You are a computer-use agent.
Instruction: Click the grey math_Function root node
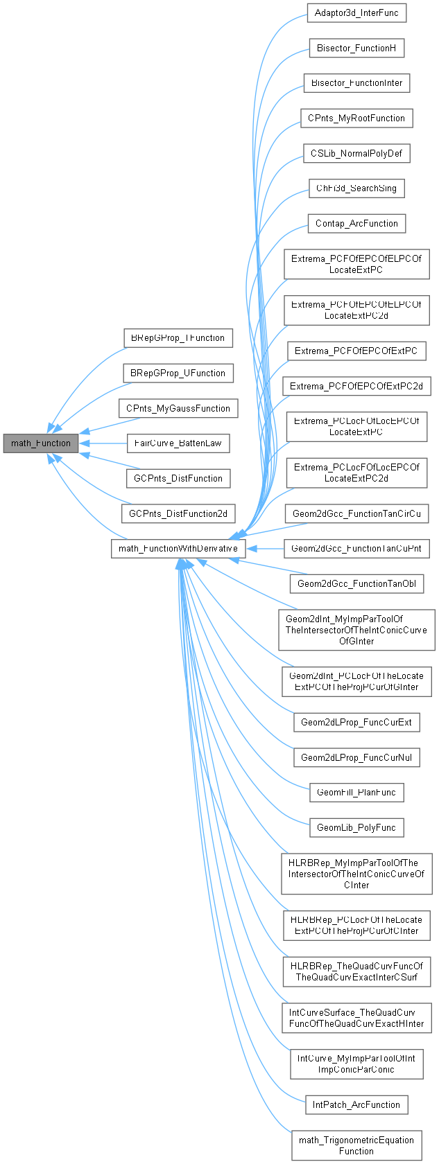click(41, 443)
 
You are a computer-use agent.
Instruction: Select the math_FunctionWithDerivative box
click(178, 549)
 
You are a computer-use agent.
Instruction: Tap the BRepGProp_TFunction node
click(178, 338)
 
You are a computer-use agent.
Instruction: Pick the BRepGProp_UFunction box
click(178, 373)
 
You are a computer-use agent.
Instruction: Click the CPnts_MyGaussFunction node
click(178, 408)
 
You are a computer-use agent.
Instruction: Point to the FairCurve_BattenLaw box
click(178, 443)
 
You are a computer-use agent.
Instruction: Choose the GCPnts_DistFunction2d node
click(178, 513)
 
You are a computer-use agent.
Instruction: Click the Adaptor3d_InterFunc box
click(356, 13)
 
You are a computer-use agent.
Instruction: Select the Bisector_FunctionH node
click(356, 48)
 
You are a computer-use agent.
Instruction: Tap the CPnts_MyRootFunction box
click(356, 118)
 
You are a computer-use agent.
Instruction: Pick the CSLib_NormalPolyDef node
click(356, 153)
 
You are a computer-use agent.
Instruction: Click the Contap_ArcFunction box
click(356, 223)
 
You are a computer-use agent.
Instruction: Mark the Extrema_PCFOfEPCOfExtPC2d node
click(356, 386)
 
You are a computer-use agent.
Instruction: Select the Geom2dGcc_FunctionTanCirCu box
click(356, 513)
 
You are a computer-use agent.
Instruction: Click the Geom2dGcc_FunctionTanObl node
click(356, 583)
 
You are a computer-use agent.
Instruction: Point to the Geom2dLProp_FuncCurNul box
click(356, 757)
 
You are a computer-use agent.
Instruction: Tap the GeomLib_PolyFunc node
click(356, 827)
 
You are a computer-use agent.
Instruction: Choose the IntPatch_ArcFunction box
click(356, 1104)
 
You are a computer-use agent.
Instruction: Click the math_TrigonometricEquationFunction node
click(356, 1145)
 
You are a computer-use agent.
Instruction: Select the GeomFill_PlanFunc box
click(356, 792)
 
